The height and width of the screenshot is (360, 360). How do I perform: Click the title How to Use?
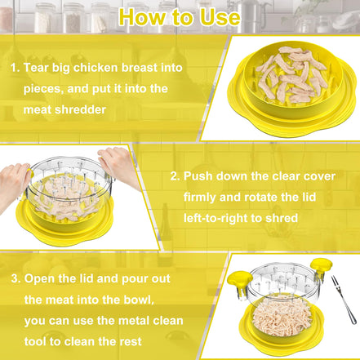(x=180, y=16)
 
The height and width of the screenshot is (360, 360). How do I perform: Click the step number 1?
(x=14, y=67)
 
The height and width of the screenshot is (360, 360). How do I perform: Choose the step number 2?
(x=174, y=176)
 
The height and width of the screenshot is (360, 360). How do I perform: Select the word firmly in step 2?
(x=202, y=197)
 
